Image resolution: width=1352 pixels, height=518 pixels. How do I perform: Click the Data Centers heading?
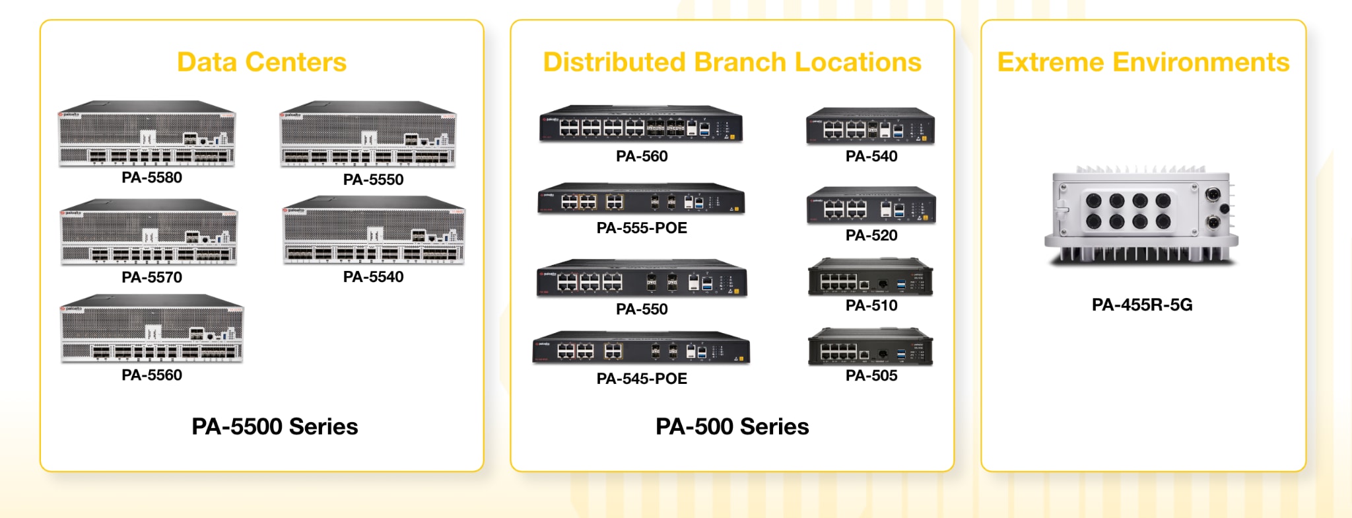pos(261,62)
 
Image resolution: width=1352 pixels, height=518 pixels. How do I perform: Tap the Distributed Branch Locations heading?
pos(731,62)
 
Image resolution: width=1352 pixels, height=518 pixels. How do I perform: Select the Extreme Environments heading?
pos(1143,62)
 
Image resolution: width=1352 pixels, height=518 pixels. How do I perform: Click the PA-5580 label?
pos(152,178)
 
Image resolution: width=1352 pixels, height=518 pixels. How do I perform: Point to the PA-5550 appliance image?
pos(368,135)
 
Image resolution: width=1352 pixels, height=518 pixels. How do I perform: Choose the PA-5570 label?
pos(152,277)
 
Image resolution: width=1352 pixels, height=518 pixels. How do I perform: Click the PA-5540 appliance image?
pos(374,231)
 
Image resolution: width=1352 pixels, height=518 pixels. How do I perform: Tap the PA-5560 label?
pos(152,375)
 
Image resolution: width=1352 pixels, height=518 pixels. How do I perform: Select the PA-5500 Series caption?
pos(275,427)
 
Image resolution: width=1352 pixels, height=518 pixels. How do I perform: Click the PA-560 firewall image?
pos(641,124)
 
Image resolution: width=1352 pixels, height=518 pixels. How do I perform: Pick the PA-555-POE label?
pos(642,228)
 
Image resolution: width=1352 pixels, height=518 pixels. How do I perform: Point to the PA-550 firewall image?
pos(642,278)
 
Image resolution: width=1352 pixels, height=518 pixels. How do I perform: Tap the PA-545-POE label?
pos(642,379)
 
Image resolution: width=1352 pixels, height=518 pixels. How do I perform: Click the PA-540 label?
pos(871,157)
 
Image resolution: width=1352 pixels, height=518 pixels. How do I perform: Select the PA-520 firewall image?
pos(871,206)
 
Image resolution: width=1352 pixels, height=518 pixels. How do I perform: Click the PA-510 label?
pos(871,305)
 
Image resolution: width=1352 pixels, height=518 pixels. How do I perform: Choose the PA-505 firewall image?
pos(871,347)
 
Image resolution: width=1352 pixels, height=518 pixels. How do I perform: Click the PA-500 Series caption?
pos(732,427)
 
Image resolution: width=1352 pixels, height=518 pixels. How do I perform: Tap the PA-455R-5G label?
pos(1142,305)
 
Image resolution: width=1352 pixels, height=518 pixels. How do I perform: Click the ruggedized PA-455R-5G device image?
pos(1141,217)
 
